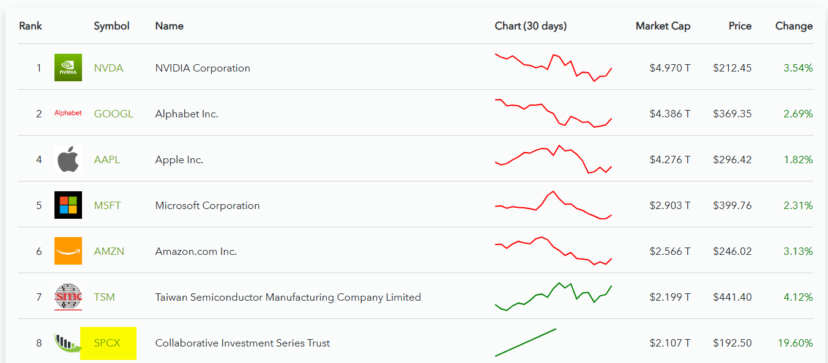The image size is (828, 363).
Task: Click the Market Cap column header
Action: coord(663,26)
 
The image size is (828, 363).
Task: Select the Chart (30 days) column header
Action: coord(531,26)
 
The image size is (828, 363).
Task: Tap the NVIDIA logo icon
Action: coord(68,68)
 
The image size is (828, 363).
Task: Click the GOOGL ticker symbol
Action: coord(113,114)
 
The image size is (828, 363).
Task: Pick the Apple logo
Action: coord(68,159)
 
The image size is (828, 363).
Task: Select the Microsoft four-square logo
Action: coord(68,205)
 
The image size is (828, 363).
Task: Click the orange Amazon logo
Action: coord(68,251)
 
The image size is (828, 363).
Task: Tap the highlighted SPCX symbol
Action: coord(107,343)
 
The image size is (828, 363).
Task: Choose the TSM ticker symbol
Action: coord(104,297)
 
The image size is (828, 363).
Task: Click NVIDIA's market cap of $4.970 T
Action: coord(669,68)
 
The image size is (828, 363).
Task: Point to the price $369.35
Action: coord(732,114)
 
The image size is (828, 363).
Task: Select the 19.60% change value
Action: coord(795,343)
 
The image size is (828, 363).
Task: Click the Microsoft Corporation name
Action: coord(207,205)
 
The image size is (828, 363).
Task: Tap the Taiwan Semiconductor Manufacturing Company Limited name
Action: coord(288,297)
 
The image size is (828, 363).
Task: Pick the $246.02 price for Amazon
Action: coord(732,251)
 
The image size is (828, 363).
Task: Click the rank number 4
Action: coord(39,159)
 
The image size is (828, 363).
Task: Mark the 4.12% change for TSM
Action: coord(798,297)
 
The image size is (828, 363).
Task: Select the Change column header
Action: coord(794,26)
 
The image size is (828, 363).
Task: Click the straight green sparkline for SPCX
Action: coord(526,342)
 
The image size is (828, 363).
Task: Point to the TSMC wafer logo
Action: coord(68,296)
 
